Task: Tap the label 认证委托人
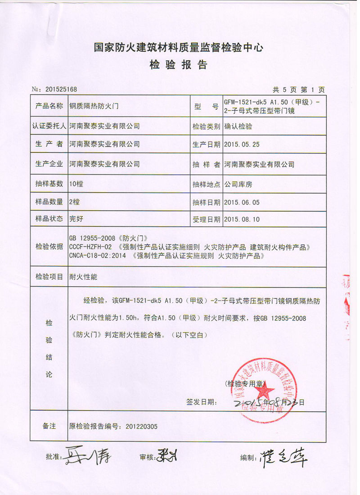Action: [x=49, y=126]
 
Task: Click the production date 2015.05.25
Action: [x=242, y=144]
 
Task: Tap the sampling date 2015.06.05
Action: [x=242, y=202]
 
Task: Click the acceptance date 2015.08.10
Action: [x=242, y=220]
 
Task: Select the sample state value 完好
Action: [x=76, y=220]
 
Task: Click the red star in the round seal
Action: [x=264, y=388]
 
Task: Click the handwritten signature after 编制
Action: [x=283, y=458]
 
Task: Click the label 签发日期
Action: [x=198, y=401]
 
